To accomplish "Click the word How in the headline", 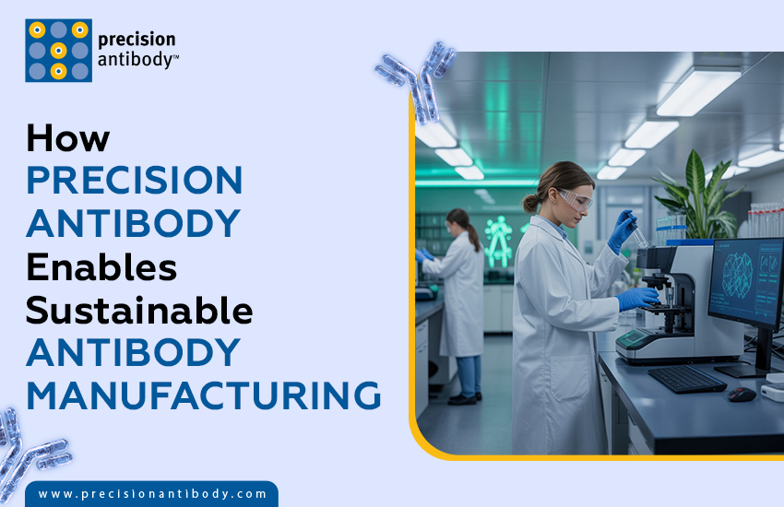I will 67,137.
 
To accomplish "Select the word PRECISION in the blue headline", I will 134,180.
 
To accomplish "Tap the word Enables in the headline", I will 101,266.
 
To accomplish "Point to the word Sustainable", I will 139,310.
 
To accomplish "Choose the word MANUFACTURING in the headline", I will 203,395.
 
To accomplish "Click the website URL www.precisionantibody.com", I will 152,494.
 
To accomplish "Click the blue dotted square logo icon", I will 58,50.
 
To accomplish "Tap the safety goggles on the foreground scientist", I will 575,198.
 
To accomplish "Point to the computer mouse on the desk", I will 741,394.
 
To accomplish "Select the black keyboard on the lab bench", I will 686,378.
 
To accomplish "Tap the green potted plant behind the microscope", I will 695,198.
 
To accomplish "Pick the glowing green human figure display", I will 499,239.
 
